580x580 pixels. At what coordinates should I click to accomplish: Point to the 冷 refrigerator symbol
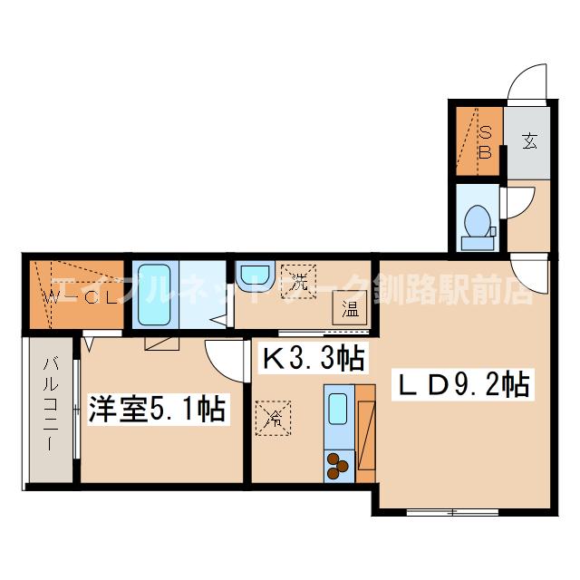pos(273,419)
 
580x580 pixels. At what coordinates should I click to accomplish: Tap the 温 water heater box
pos(349,308)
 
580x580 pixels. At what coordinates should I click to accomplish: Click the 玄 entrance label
pos(529,140)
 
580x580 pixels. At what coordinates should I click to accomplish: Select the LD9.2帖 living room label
pos(459,387)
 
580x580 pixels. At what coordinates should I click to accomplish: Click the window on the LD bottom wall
pos(448,512)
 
